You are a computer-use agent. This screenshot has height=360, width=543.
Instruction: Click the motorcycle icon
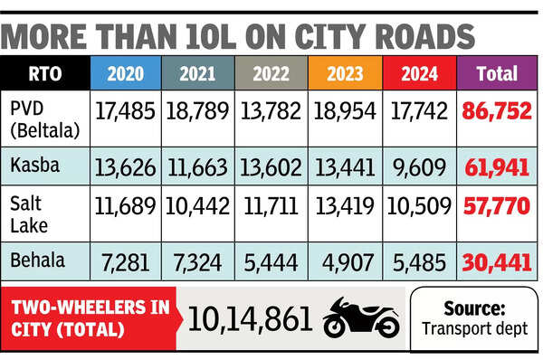pyautogui.click(x=361, y=317)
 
